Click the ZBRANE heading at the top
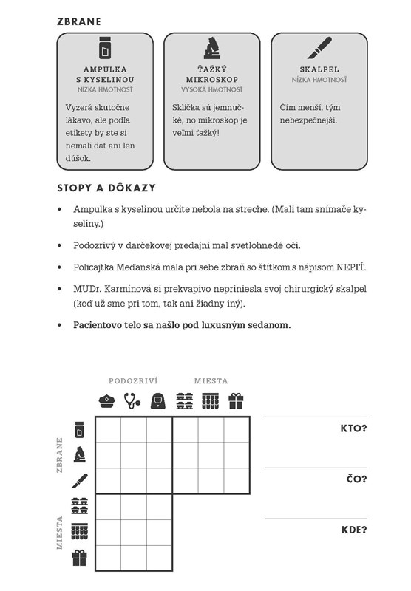click(79, 21)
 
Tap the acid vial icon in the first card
click(105, 48)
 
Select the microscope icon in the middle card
click(212, 48)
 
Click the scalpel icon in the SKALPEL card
click(319, 48)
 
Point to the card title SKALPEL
click(319, 69)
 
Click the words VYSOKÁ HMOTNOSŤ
click(212, 89)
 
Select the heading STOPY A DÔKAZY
click(106, 188)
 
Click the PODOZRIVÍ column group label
click(133, 381)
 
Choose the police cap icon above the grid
click(107, 401)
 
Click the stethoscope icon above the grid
click(132, 401)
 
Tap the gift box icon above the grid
click(236, 401)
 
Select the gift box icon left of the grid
click(80, 558)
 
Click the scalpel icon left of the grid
click(80, 481)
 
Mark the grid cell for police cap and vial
click(108, 430)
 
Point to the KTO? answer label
click(353, 428)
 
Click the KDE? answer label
click(354, 530)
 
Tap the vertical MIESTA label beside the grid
click(59, 532)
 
